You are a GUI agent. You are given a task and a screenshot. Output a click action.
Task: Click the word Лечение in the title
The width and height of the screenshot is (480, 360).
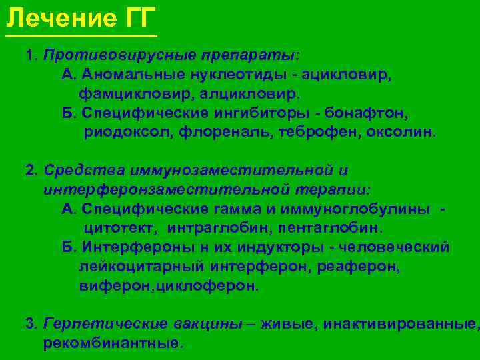(57, 15)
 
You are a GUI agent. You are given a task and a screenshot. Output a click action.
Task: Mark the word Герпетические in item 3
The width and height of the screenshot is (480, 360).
(93, 325)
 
